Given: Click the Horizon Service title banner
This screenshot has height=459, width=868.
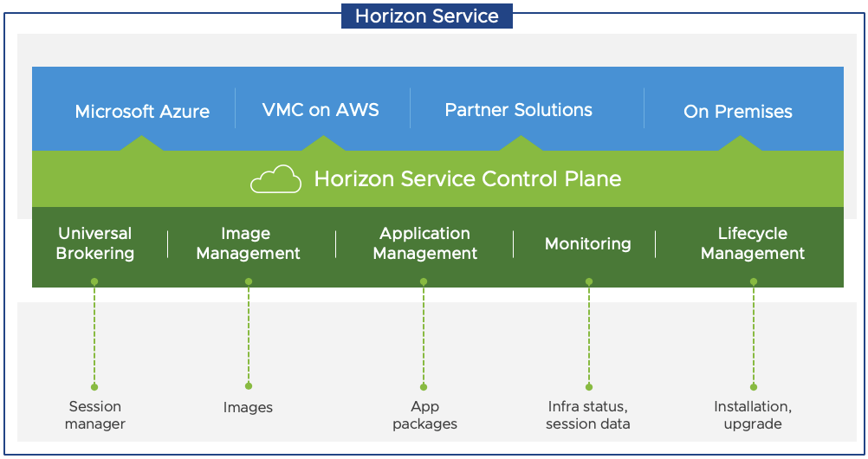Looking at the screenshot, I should pyautogui.click(x=426, y=16).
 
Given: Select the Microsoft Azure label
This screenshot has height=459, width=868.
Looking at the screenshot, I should pyautogui.click(x=142, y=112).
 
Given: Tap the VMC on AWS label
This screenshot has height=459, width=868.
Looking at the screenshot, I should pyautogui.click(x=321, y=110).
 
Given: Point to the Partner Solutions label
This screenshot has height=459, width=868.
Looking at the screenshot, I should pyautogui.click(x=518, y=110).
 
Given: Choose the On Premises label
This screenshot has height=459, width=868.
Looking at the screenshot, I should pyautogui.click(x=738, y=112).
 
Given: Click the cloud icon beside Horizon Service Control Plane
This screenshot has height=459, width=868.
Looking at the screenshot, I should pyautogui.click(x=275, y=179).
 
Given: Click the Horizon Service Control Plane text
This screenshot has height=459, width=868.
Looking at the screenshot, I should pyautogui.click(x=467, y=179).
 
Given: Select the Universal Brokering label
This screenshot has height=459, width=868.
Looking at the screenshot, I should pyautogui.click(x=95, y=243).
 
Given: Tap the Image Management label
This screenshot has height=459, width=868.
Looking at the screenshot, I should pyautogui.click(x=248, y=243).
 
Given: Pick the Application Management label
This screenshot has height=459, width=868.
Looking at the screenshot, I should pyautogui.click(x=424, y=243).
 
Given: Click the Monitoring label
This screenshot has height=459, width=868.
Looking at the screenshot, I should pyautogui.click(x=587, y=244).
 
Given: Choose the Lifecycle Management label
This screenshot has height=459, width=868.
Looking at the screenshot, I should pyautogui.click(x=753, y=243).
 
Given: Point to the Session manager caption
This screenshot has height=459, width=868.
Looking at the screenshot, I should pyautogui.click(x=95, y=415).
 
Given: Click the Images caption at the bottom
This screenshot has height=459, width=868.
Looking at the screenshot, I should pyautogui.click(x=248, y=407).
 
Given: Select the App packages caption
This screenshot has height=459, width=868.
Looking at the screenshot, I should pyautogui.click(x=424, y=415).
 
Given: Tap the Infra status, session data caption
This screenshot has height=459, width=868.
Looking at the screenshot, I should pyautogui.click(x=588, y=415).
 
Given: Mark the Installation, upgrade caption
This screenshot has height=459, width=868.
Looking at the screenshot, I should pyautogui.click(x=753, y=415).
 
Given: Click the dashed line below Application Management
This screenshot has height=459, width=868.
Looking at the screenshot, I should pyautogui.click(x=424, y=333).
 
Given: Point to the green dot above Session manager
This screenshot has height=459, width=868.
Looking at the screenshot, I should pyautogui.click(x=94, y=386).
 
